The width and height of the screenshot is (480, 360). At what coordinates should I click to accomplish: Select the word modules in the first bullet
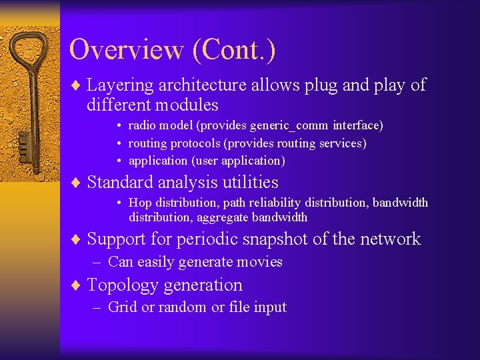pyautogui.click(x=189, y=105)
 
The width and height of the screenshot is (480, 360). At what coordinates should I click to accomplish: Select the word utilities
pyautogui.click(x=249, y=182)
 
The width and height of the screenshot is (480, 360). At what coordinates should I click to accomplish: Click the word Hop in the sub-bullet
pyautogui.click(x=140, y=203)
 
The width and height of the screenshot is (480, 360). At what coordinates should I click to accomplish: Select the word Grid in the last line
pyautogui.click(x=121, y=307)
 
